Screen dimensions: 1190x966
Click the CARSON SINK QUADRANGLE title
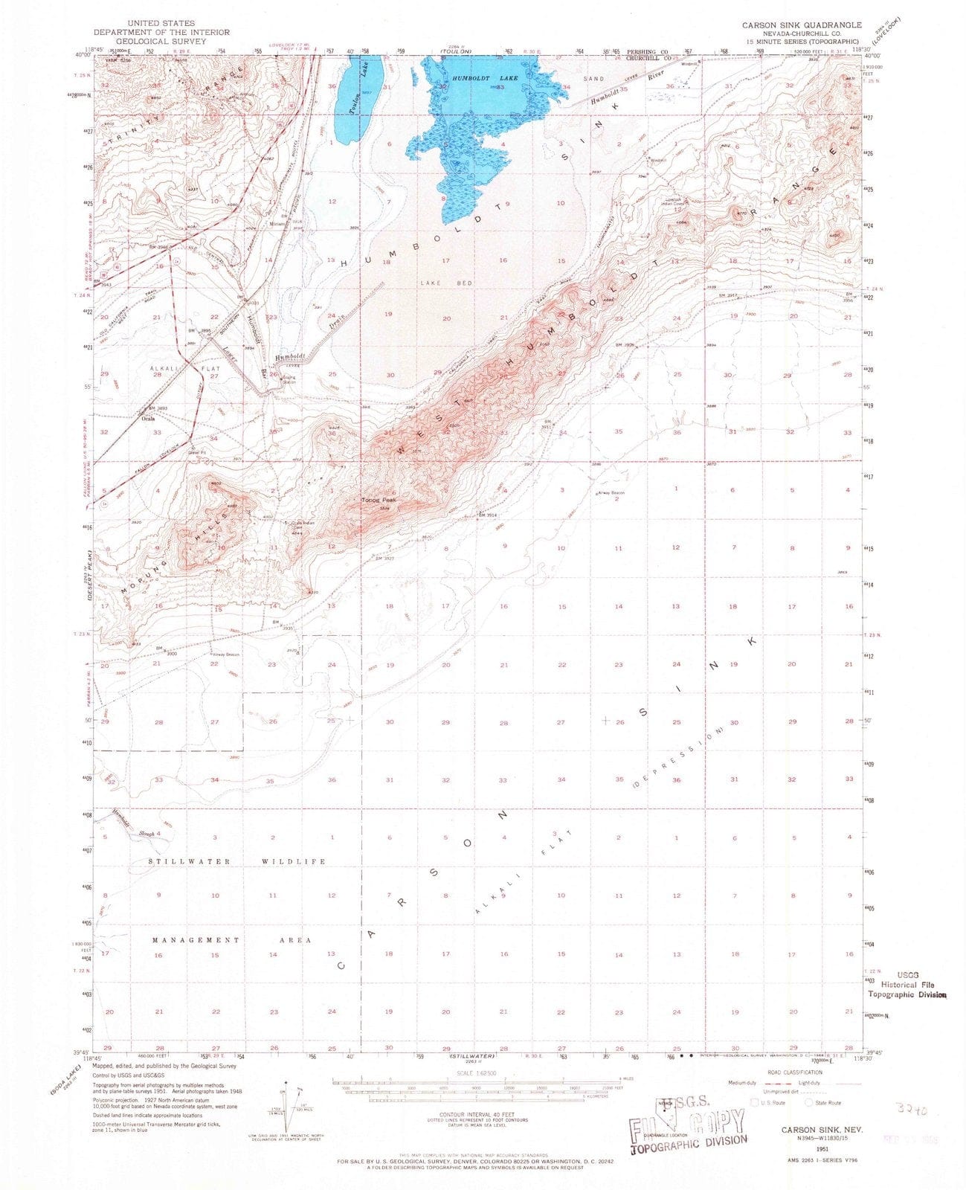coord(790,25)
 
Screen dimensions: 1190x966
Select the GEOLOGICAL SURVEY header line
coord(161,42)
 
